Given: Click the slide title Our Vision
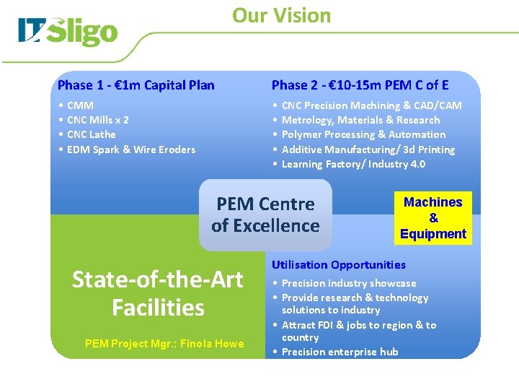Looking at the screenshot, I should [281, 15].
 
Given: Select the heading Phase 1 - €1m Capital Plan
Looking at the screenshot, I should [136, 85].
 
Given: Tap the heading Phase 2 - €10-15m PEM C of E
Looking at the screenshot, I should [360, 85].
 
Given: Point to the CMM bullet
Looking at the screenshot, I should [80, 105].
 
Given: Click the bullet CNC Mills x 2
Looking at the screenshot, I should [97, 120].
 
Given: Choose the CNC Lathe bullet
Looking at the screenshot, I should [91, 134].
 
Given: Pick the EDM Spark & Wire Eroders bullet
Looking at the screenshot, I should [130, 149].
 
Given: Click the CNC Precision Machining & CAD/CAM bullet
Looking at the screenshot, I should [371, 105].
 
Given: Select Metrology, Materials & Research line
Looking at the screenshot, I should [360, 120].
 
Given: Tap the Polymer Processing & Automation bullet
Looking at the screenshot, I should [363, 134].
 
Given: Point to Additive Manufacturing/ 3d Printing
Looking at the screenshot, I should [368, 149].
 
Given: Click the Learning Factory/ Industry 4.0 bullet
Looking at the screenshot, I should [353, 164].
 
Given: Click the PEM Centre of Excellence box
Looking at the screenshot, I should [265, 214].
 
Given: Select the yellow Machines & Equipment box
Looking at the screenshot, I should [433, 218].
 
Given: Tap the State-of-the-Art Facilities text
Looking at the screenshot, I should [158, 293].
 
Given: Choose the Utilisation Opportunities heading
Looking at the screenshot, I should [339, 265].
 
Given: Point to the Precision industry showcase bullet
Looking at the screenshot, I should [349, 283].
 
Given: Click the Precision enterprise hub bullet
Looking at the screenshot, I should [340, 352].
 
